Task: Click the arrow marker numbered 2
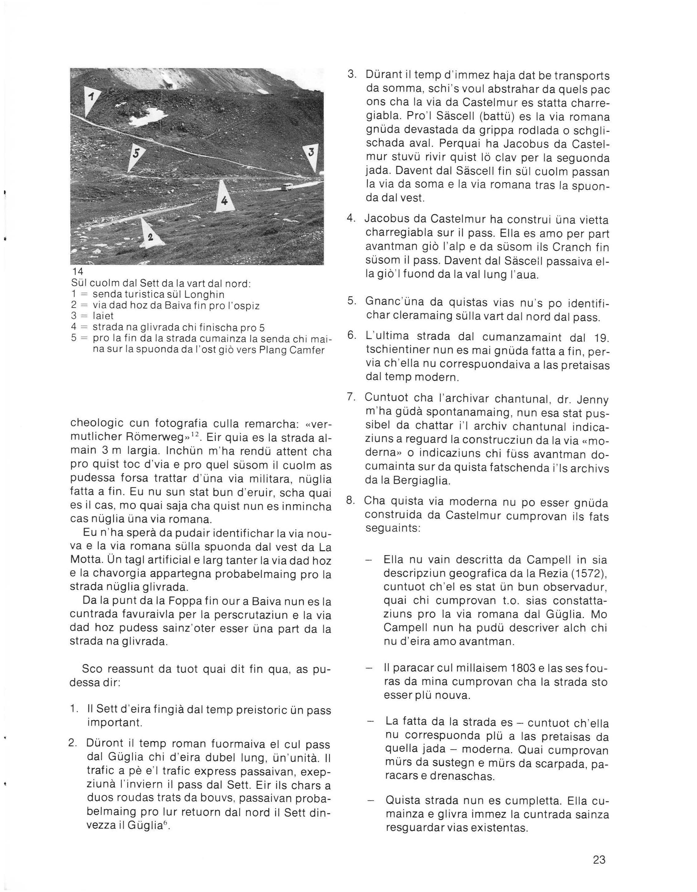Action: coord(149,235)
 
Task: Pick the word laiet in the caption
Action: coord(103,316)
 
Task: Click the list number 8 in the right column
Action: coord(350,501)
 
